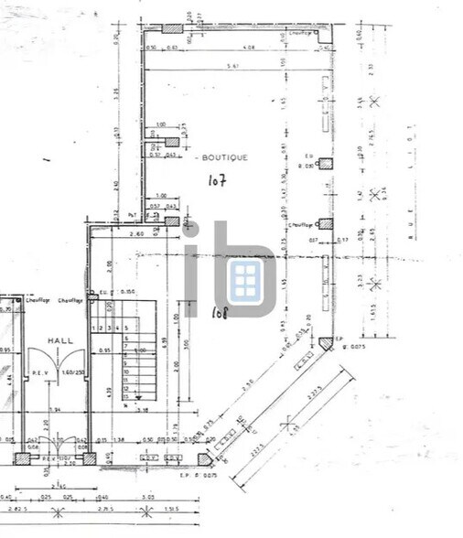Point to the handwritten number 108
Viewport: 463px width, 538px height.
pyautogui.click(x=221, y=313)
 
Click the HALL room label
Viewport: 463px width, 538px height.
pyautogui.click(x=60, y=339)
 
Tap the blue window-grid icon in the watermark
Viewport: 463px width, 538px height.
pyautogui.click(x=244, y=281)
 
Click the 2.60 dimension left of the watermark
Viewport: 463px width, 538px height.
pyautogui.click(x=137, y=235)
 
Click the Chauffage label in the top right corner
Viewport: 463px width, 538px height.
pyautogui.click(x=298, y=32)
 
